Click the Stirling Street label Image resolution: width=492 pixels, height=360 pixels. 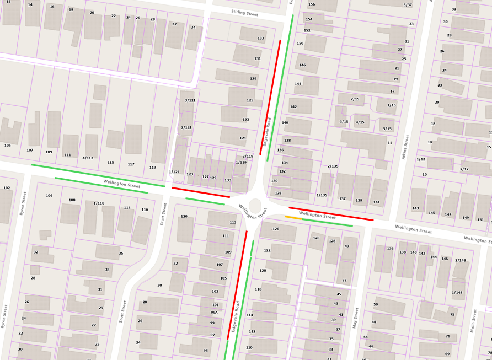click(244, 13)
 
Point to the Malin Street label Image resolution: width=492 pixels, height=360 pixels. click(473, 320)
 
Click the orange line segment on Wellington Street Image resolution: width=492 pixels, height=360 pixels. click(293, 218)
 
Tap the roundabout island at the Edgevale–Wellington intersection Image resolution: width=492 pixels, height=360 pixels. click(255, 206)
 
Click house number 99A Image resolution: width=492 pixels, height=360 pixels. click(214, 313)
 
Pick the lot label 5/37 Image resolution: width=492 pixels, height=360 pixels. click(408, 5)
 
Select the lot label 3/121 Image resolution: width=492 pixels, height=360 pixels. click(190, 100)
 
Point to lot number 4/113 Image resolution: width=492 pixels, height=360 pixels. click(88, 158)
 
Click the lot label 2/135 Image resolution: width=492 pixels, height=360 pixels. click(333, 166)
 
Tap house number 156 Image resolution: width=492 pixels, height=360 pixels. click(312, 4)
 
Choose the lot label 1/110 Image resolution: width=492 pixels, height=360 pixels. click(99, 203)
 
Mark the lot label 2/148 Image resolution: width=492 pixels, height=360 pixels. click(460, 260)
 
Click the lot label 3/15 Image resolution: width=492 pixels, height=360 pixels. click(344, 122)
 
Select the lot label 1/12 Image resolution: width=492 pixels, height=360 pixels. click(421, 159)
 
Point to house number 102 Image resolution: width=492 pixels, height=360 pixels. click(7, 188)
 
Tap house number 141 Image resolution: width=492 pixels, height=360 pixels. click(376, 202)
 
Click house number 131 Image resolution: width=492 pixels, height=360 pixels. click(258, 58)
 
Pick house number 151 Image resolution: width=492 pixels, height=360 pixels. click(480, 220)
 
